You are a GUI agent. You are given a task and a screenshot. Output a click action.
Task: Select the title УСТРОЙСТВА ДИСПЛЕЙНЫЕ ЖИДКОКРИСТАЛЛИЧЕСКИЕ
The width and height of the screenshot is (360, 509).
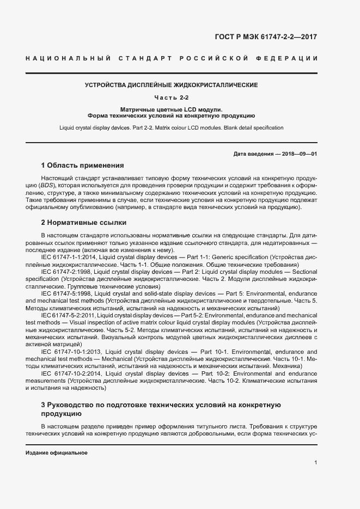[x=171, y=85]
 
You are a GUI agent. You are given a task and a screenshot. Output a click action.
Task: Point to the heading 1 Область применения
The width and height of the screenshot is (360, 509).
[x=83, y=165]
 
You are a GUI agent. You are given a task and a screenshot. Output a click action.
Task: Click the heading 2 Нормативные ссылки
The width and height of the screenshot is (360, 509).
[x=84, y=222]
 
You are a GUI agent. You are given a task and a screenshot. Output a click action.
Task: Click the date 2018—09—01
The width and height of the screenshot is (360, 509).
[x=299, y=154]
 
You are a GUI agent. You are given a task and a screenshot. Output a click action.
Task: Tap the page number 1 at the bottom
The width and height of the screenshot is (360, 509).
[x=315, y=463]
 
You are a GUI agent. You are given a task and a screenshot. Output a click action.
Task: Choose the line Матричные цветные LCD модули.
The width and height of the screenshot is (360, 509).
[x=171, y=109]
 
